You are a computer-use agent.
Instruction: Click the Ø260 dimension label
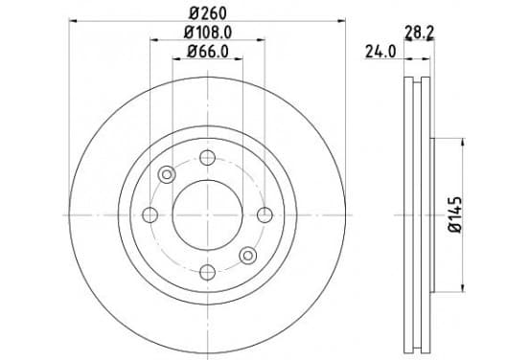(x=208, y=13)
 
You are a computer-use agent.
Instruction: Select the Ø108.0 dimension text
(x=208, y=33)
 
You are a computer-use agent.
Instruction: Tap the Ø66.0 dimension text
(x=208, y=52)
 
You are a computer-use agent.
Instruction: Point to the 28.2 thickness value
(x=419, y=33)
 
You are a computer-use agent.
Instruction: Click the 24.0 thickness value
(x=380, y=52)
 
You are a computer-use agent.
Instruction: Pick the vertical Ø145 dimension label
(x=455, y=214)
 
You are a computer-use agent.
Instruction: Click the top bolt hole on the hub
(x=208, y=157)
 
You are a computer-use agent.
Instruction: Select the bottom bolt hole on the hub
(x=208, y=272)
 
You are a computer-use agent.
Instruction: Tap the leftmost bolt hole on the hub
(x=150, y=215)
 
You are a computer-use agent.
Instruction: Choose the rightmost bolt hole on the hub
(x=264, y=215)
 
